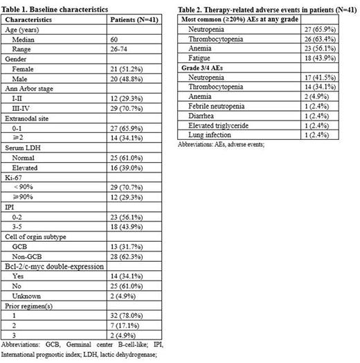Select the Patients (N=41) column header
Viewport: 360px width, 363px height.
138,21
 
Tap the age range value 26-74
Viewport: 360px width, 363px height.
121,50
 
